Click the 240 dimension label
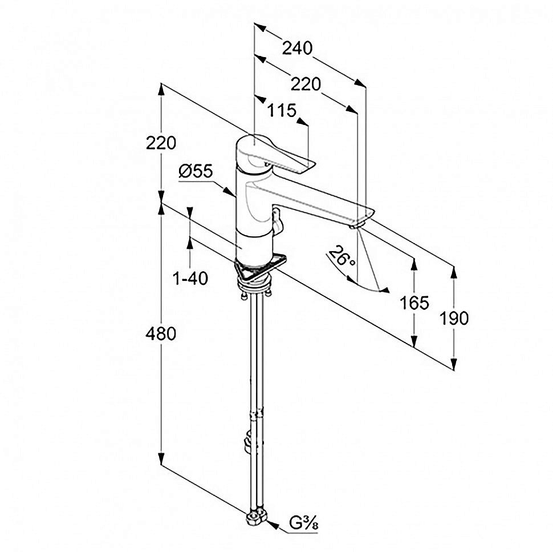click(298, 49)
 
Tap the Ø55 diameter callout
click(195, 171)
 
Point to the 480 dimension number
click(161, 334)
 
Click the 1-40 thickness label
click(190, 279)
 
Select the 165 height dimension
click(414, 303)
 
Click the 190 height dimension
click(454, 318)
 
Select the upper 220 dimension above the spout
click(306, 84)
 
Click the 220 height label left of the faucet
click(161, 143)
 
